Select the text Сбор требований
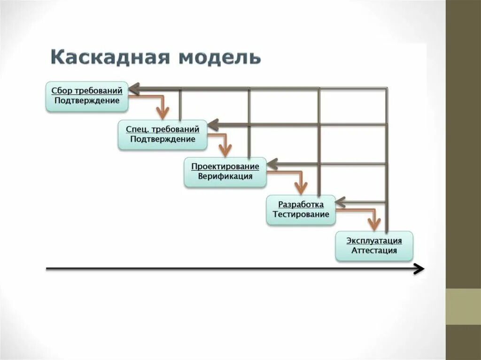point(87,91)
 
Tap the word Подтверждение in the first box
point(87,100)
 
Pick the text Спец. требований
point(163,129)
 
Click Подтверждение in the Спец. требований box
point(163,139)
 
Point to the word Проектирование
point(225,167)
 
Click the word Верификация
point(225,176)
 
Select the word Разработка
point(301,205)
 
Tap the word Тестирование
point(301,214)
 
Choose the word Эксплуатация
point(374,241)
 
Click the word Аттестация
point(374,251)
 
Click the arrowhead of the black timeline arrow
point(419,268)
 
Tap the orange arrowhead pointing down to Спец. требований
point(163,113)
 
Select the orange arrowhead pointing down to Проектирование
point(226,151)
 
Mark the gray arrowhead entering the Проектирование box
point(272,164)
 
